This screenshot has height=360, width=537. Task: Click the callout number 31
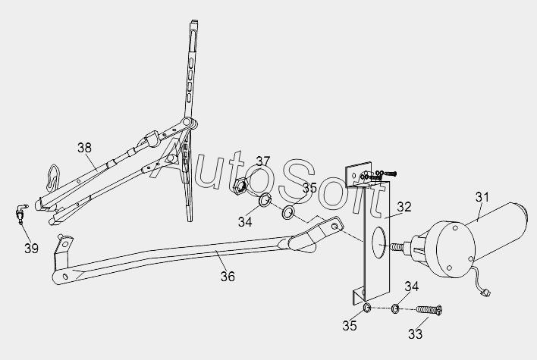(x=482, y=198)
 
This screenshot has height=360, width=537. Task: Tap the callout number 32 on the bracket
(x=404, y=207)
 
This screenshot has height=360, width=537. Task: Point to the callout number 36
(x=228, y=277)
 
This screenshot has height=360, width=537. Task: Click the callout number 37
(x=262, y=161)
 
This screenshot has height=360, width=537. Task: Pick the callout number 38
(x=85, y=148)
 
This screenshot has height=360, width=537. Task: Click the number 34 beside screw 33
(x=411, y=286)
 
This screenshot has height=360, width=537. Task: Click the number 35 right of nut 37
(x=309, y=187)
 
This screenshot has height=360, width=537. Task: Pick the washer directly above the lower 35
(x=365, y=308)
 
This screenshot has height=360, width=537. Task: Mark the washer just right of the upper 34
(x=289, y=212)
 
